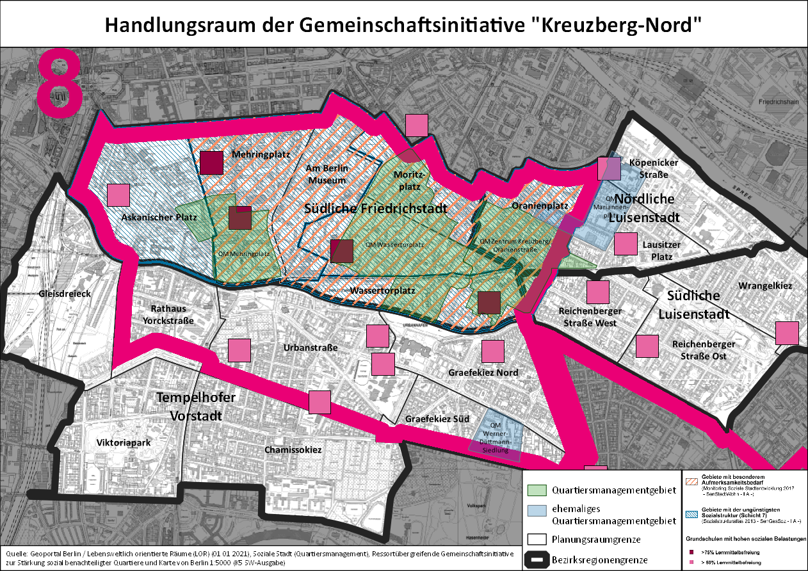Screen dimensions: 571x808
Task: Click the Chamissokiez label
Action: pyautogui.click(x=293, y=450)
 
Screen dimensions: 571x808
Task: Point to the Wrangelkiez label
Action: pyautogui.click(x=765, y=285)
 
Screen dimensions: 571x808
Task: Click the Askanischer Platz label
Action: pyautogui.click(x=158, y=218)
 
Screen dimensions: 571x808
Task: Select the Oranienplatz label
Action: pyautogui.click(x=540, y=206)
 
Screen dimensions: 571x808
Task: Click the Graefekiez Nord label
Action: pyautogui.click(x=483, y=373)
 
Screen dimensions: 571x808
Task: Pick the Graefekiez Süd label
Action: pyautogui.click(x=437, y=419)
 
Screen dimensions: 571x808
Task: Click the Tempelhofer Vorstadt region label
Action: pyautogui.click(x=196, y=406)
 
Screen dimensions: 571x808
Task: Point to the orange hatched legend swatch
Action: pyautogui.click(x=691, y=481)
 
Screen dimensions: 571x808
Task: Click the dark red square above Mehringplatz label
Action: pyautogui.click(x=211, y=163)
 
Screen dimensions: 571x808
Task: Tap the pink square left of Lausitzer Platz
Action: pyautogui.click(x=626, y=245)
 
